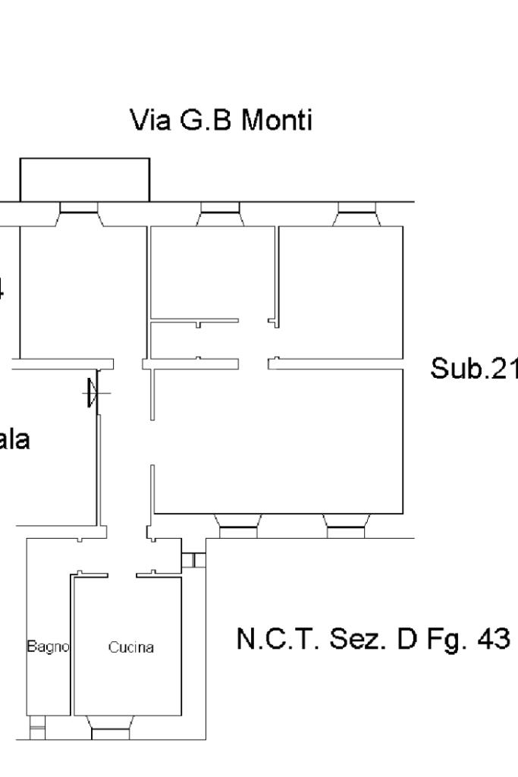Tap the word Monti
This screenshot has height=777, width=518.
(277, 121)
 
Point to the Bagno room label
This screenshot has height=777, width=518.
(49, 647)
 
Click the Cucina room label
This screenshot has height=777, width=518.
(130, 648)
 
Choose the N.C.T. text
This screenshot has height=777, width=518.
(277, 640)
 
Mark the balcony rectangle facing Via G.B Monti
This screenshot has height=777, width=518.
(84, 180)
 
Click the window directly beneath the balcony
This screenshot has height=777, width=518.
(79, 209)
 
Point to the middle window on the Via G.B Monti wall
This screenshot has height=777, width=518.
(219, 209)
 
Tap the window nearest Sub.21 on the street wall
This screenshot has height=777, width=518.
(357, 209)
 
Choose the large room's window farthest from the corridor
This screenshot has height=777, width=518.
(346, 524)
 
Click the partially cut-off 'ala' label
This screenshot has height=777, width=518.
(15, 440)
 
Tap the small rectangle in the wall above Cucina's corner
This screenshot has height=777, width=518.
(193, 561)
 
